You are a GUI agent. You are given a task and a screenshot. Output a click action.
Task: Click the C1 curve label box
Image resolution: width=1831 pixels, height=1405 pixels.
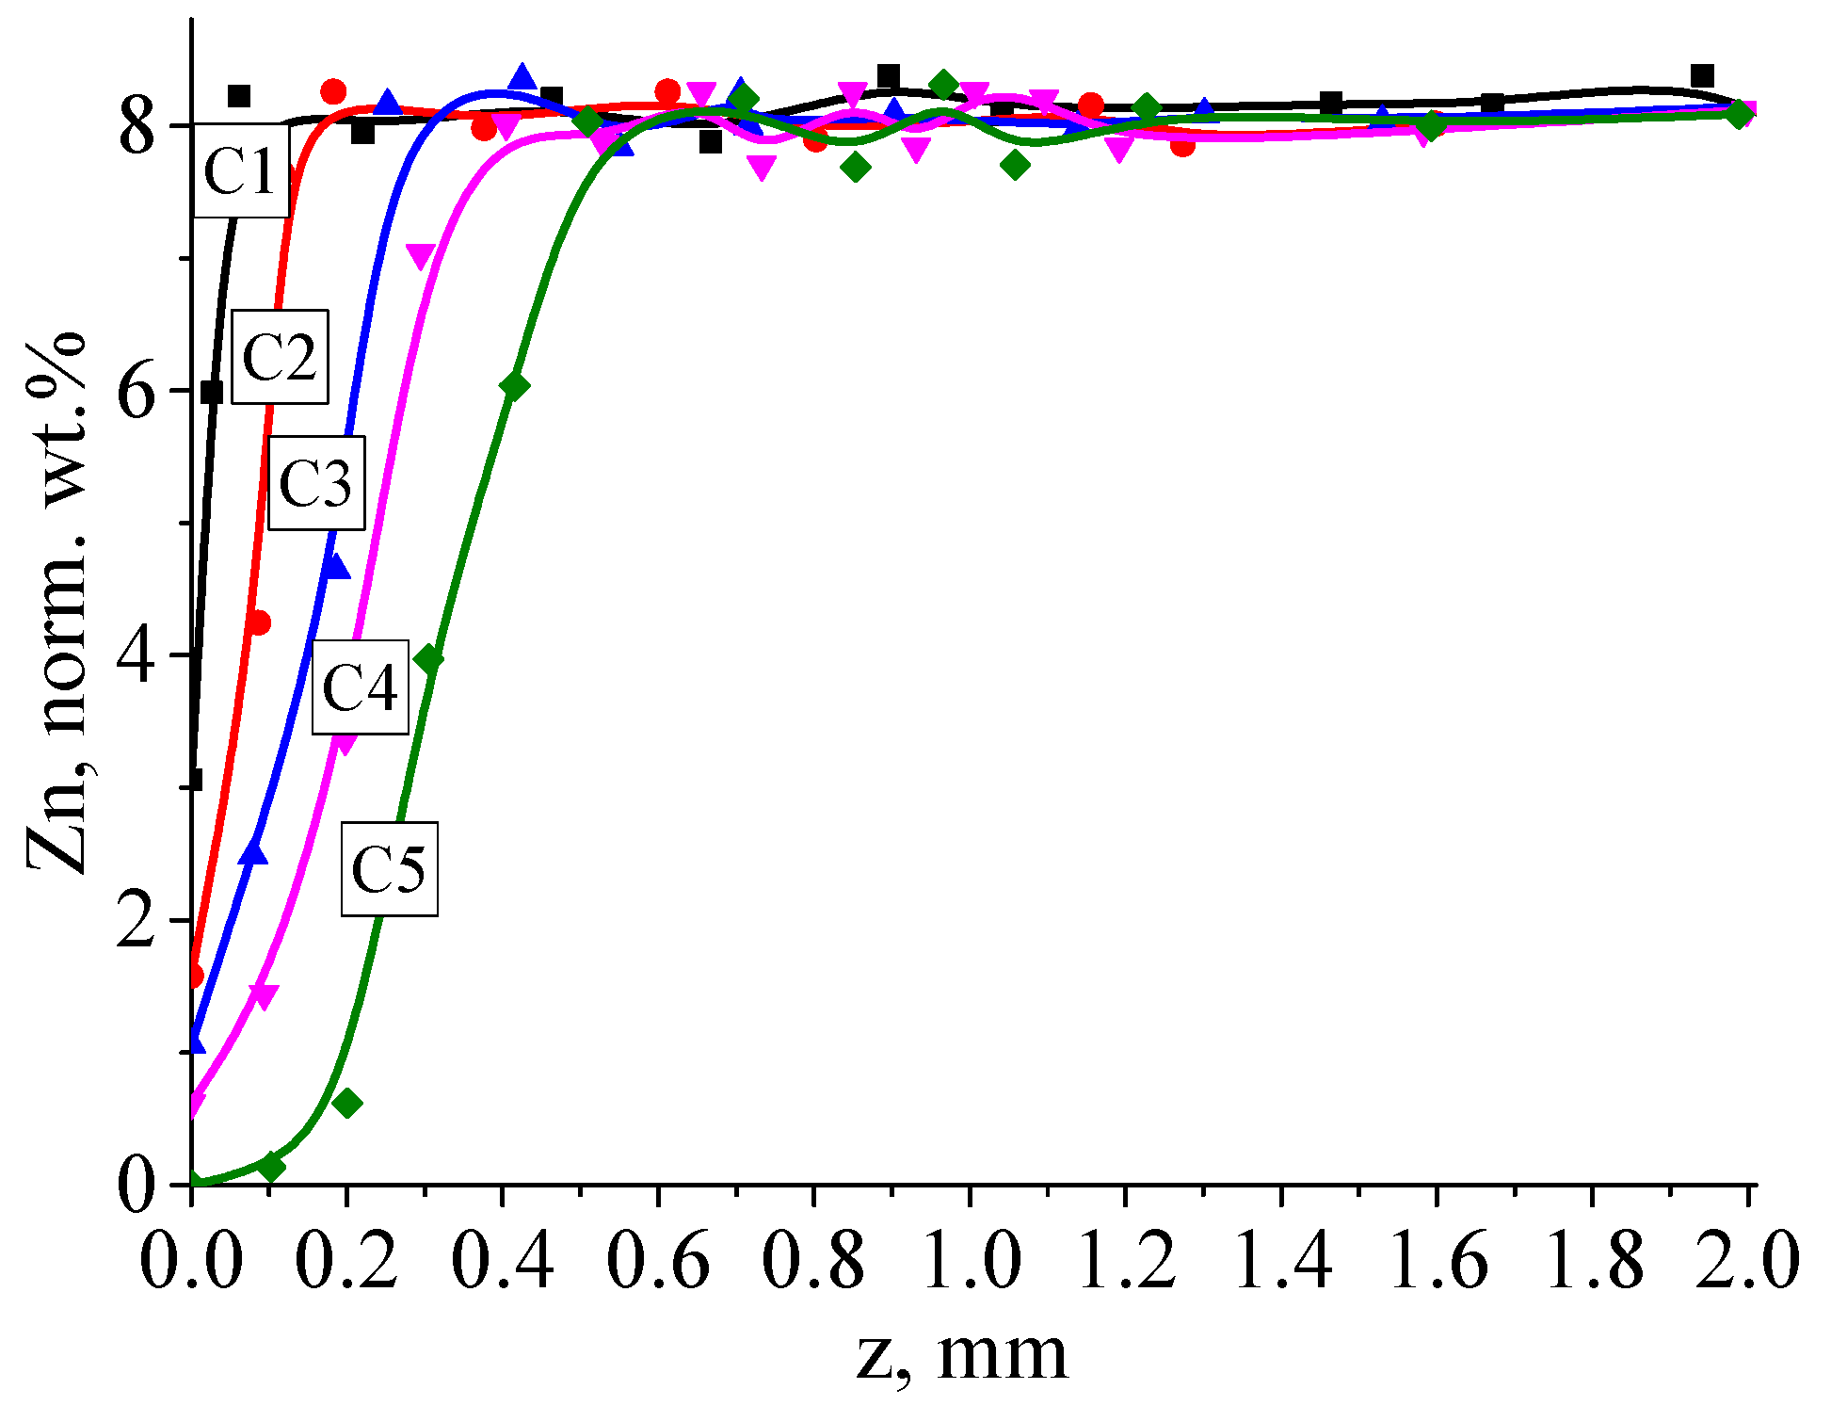pos(241,171)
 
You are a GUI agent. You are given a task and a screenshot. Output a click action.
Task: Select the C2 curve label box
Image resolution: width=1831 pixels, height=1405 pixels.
pos(280,356)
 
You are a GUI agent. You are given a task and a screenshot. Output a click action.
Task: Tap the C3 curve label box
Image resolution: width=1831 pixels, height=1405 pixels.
pos(316,482)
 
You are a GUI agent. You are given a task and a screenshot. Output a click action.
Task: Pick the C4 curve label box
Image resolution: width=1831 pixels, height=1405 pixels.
pos(361,686)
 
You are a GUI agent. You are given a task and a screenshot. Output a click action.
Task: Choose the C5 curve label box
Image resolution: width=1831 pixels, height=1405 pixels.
pos(389,867)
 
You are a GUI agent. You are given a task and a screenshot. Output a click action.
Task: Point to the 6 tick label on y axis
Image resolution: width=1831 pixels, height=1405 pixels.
pos(137,390)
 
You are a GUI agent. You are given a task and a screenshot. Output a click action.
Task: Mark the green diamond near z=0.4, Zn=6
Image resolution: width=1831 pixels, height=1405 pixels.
pos(514,385)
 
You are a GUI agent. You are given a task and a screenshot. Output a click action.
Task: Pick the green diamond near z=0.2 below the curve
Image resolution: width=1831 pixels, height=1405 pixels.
pos(347,1103)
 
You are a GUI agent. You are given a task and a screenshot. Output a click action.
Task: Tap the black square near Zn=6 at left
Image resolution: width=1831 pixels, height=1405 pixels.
pos(212,392)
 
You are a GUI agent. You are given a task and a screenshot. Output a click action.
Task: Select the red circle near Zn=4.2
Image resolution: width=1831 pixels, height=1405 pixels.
pos(259,622)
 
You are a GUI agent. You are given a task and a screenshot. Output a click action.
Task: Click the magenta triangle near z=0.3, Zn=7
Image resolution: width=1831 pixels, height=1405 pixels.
pos(421,256)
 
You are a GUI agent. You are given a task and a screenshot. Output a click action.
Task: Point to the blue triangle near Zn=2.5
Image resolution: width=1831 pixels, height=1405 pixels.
pos(253,852)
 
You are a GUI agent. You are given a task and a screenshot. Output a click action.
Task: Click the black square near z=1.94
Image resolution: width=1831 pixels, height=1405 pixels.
pos(1701,75)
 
